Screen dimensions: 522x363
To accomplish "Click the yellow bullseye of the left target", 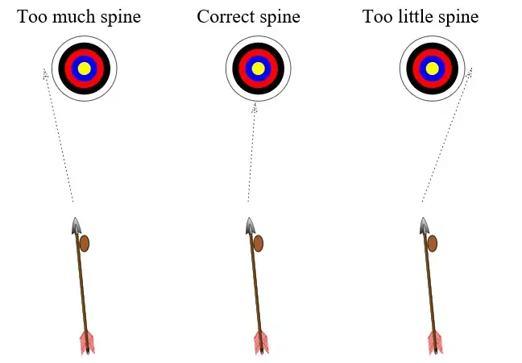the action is coord(84,69).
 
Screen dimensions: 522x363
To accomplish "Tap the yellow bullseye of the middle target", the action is coord(258,69).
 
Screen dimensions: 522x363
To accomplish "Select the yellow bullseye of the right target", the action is coord(433,69).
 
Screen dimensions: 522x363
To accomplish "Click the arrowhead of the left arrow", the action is coord(77,226).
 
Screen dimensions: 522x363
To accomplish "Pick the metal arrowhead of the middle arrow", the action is coord(251,226).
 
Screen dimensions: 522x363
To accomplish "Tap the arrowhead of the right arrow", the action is coord(425,226).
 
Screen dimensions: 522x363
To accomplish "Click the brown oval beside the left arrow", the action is coord(85,243).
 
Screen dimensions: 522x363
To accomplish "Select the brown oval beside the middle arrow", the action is coord(259,243).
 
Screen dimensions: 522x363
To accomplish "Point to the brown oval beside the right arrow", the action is coord(433,243).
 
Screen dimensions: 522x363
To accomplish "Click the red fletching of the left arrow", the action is coord(87,342).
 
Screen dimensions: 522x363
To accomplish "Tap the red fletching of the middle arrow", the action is coord(261,342).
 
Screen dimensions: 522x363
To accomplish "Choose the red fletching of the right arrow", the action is coord(435,342).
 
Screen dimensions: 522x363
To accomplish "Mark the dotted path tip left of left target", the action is coord(46,73).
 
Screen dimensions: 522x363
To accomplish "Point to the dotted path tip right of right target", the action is coord(470,71).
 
